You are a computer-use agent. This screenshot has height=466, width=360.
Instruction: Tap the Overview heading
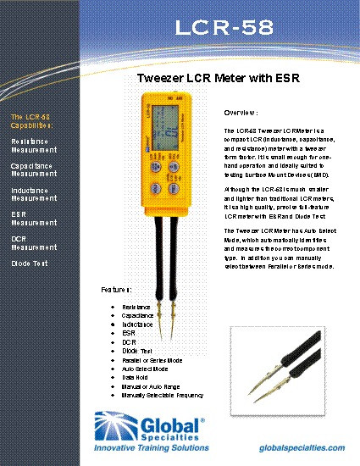tap(241, 113)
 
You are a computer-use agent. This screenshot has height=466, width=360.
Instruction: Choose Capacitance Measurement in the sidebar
tap(34, 169)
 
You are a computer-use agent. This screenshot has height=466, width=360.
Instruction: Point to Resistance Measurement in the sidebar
tap(34, 145)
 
